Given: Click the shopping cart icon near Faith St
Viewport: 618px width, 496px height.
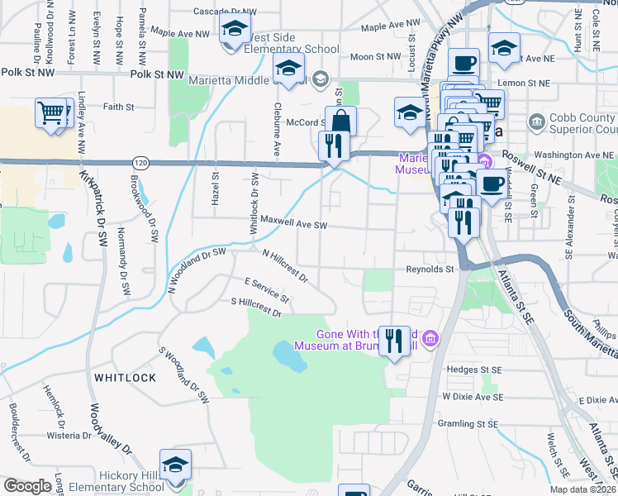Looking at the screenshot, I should (x=51, y=112).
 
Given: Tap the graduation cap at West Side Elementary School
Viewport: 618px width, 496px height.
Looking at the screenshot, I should (x=235, y=31).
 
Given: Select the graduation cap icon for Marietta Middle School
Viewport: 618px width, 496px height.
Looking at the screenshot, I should (x=288, y=70).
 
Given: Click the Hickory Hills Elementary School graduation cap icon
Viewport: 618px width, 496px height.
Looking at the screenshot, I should (x=175, y=465).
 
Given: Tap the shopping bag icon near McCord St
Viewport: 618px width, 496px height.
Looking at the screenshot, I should (x=340, y=122).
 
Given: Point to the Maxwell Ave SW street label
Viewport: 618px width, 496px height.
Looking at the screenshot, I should (x=295, y=224).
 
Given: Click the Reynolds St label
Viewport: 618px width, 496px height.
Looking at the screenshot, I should (x=430, y=269).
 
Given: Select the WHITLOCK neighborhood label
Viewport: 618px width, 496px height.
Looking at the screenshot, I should (x=125, y=377).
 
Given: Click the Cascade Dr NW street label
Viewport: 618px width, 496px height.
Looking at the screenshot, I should (x=224, y=12).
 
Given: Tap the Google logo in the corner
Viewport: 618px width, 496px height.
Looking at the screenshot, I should (x=28, y=486).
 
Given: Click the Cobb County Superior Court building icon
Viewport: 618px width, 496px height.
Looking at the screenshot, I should (x=537, y=123).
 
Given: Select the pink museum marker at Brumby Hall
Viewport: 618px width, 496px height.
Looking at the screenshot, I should (x=430, y=338).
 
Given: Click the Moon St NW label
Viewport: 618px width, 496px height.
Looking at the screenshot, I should (x=375, y=57).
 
